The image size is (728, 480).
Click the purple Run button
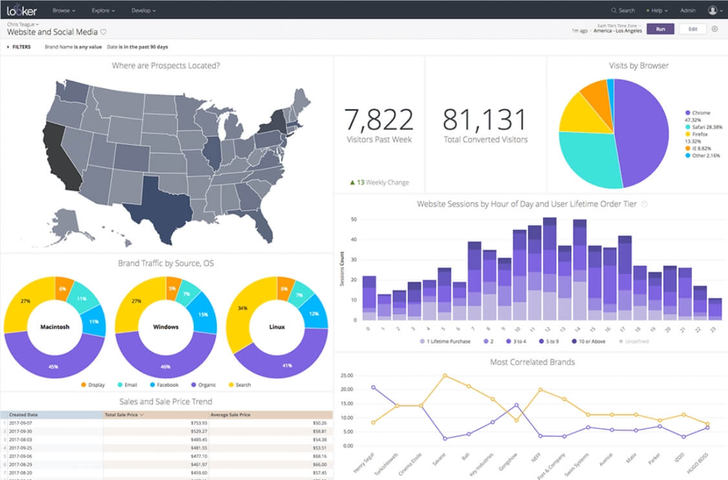(x=660, y=29)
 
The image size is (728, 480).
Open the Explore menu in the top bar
(x=102, y=10)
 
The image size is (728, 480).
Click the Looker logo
(x=22, y=10)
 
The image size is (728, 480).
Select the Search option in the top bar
(x=623, y=10)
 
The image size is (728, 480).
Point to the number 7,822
(x=378, y=120)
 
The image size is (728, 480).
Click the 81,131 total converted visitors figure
(x=485, y=120)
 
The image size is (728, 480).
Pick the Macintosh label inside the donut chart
(x=54, y=327)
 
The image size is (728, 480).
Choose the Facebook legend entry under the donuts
(x=164, y=385)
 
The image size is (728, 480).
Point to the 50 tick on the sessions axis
(x=353, y=220)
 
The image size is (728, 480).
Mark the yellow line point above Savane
(x=445, y=375)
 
